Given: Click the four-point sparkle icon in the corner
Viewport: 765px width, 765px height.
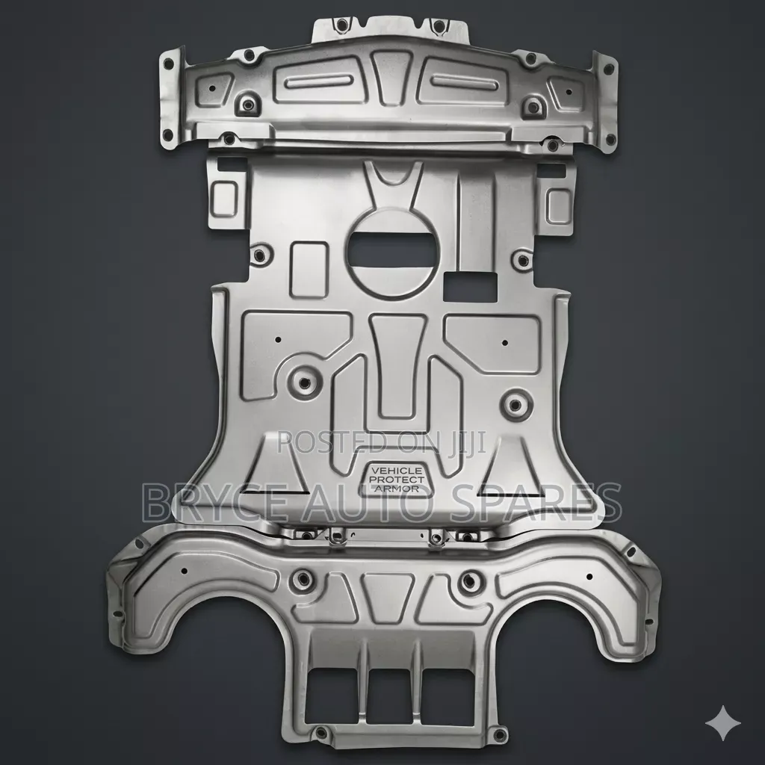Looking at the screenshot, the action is click(722, 723).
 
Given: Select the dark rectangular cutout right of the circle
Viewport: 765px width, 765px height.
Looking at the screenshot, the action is click(471, 286).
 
